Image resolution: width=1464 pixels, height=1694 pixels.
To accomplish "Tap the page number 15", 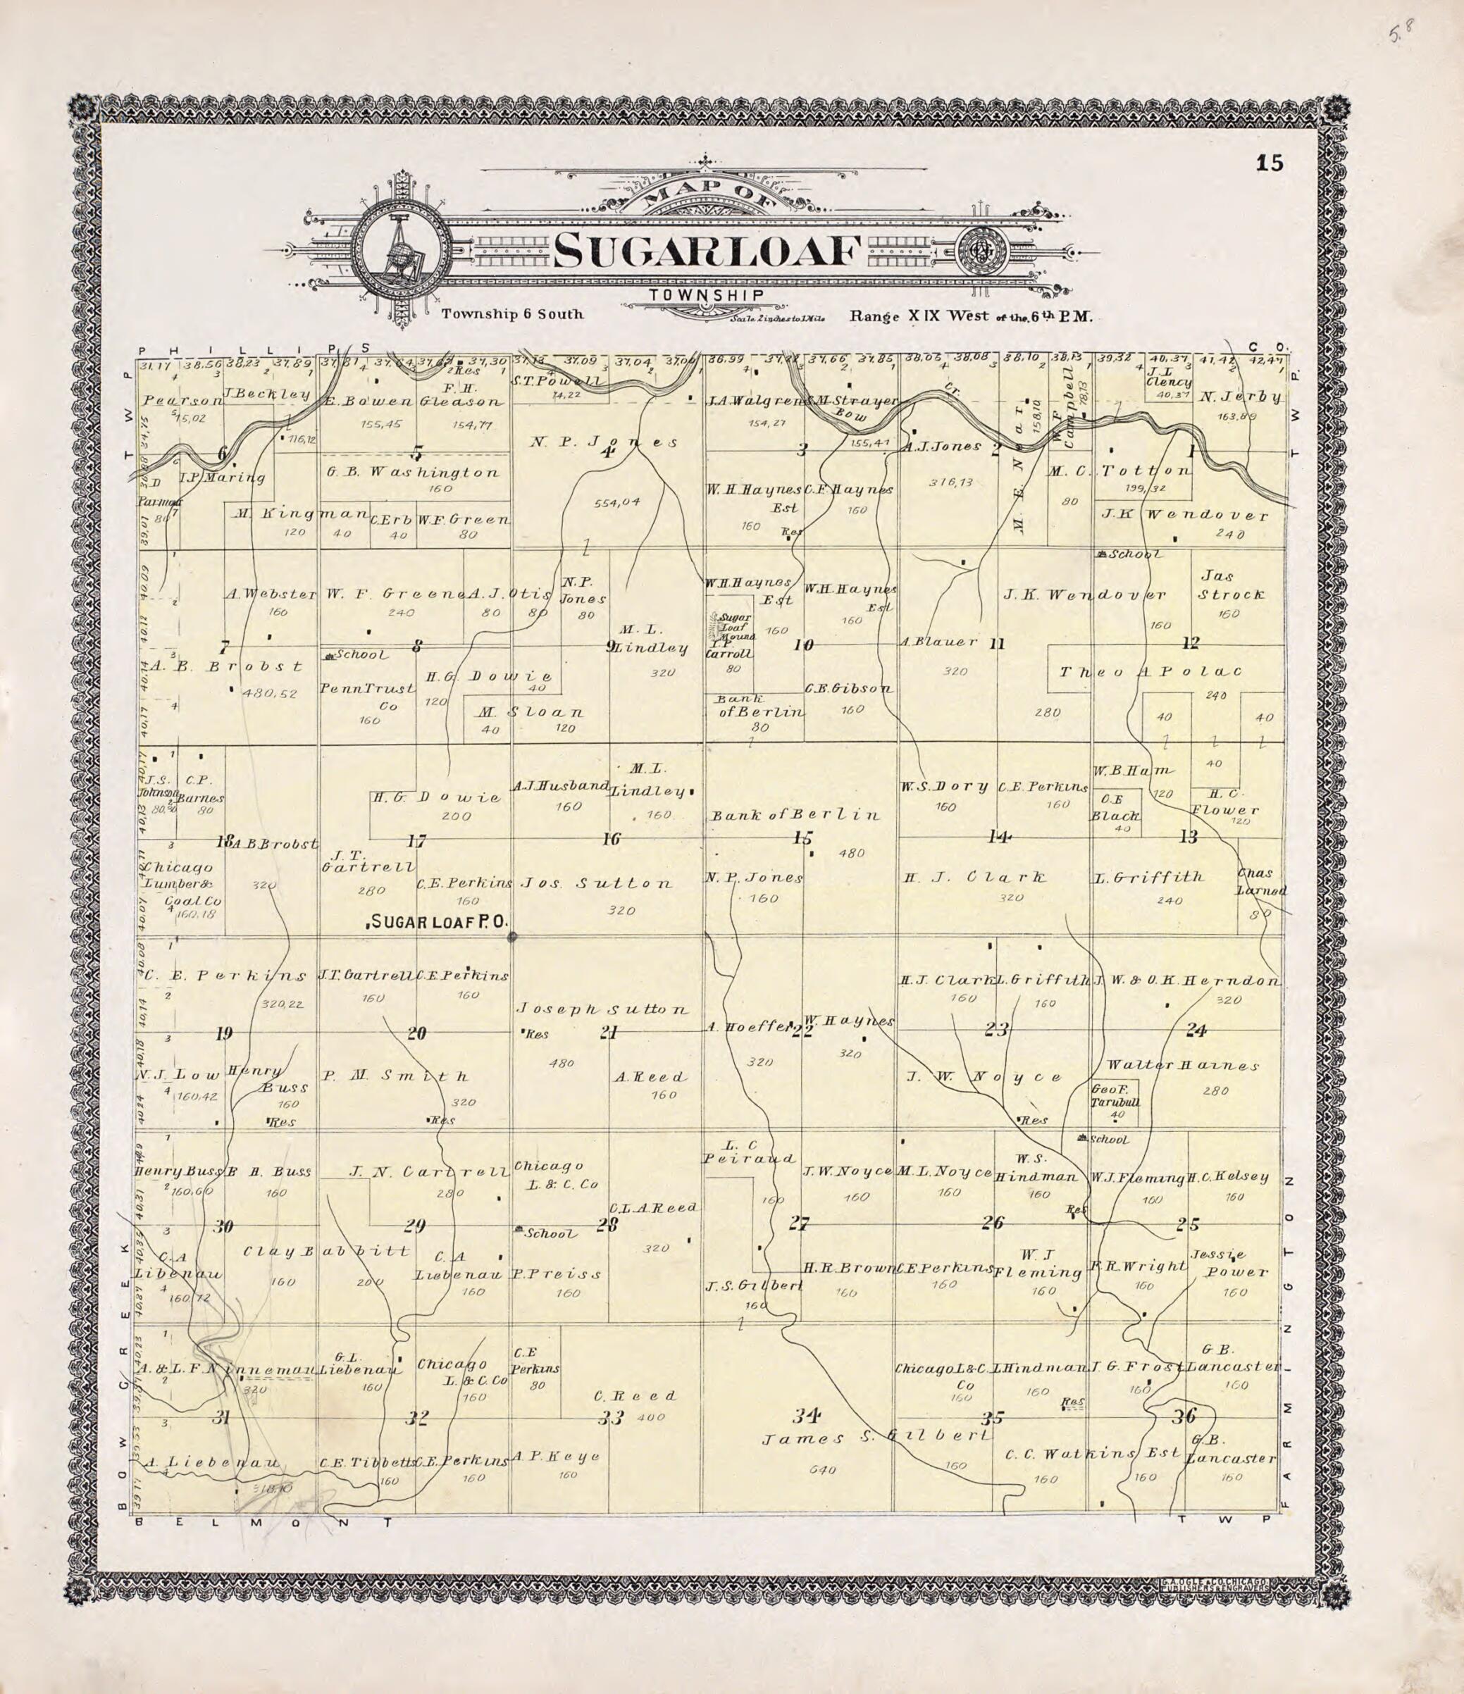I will [x=1270, y=163].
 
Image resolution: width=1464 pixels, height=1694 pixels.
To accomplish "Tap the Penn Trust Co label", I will [x=367, y=697].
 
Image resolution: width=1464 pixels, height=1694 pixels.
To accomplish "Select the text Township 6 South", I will [x=512, y=315].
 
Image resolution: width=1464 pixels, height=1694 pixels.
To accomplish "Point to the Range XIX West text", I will [x=971, y=316].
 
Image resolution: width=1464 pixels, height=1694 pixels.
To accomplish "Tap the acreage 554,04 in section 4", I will [x=616, y=503].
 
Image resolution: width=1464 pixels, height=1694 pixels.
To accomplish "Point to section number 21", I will [x=609, y=1033].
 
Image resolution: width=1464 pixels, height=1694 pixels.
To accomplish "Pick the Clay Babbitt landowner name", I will [x=314, y=1252].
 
